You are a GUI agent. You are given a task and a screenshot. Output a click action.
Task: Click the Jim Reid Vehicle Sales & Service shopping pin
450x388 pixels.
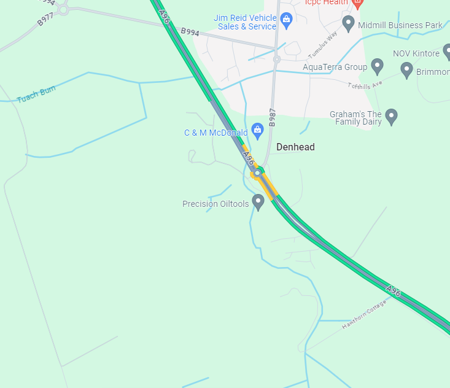click(286, 20)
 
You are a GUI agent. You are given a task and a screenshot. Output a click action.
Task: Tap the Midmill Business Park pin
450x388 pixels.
click(349, 24)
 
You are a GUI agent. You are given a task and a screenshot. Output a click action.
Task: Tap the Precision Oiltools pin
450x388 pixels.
click(258, 201)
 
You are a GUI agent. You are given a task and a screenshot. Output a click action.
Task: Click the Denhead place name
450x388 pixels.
click(295, 147)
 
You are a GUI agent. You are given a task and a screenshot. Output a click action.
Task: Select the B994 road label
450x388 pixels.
click(190, 31)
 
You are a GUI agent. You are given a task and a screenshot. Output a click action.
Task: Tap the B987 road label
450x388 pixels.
click(273, 117)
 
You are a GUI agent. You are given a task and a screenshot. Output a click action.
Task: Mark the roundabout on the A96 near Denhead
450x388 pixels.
click(258, 173)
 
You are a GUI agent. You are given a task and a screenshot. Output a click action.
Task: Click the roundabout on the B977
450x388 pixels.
click(63, 9)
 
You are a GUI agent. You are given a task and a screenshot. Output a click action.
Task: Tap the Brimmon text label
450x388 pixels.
click(433, 72)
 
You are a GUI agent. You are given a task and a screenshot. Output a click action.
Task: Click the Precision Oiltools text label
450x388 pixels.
click(215, 204)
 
